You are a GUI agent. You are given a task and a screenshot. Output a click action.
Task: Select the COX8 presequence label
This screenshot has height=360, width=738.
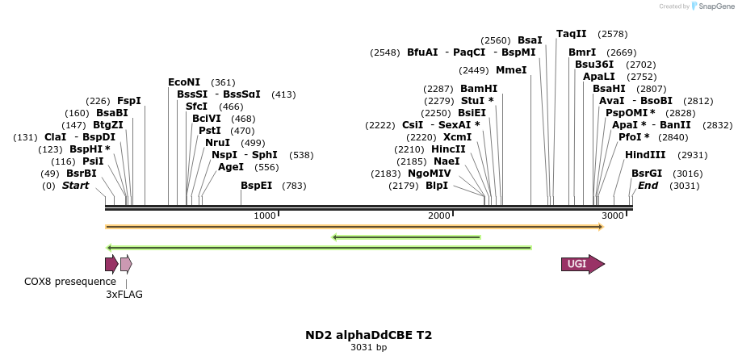tap(70, 282)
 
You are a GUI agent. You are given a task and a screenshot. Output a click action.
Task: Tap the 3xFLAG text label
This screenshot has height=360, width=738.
tap(124, 295)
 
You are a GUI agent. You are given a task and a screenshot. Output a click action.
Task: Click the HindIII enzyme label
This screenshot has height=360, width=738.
tap(645, 154)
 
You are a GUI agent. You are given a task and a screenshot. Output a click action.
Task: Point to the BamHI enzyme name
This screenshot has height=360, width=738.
tap(479, 89)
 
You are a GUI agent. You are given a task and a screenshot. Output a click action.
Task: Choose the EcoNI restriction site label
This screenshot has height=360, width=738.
tap(184, 82)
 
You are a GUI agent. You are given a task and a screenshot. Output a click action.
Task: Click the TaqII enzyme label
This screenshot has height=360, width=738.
tap(572, 34)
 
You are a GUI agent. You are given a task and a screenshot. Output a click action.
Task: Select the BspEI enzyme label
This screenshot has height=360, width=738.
tap(257, 186)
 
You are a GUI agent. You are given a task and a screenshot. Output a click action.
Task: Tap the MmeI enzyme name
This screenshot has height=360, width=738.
tap(511, 70)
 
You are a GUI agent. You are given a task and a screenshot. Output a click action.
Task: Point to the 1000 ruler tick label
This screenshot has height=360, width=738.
tap(265, 216)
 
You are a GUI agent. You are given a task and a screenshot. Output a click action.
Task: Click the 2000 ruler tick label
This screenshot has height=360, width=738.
tap(438, 216)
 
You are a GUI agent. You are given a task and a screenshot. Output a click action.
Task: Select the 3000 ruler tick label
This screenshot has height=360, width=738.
tap(613, 216)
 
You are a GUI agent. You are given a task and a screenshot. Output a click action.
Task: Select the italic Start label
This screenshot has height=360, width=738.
tap(75, 186)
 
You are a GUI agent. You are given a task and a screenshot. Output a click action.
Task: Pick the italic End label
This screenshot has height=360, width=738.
tap(648, 186)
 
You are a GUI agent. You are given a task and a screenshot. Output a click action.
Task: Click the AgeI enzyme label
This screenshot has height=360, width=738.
tap(231, 167)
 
